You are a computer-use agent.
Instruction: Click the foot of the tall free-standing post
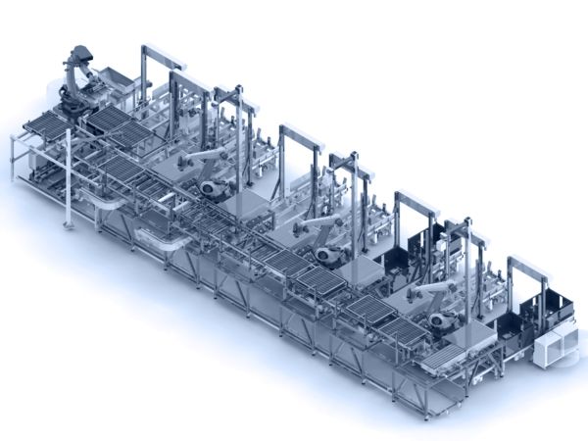70,226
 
